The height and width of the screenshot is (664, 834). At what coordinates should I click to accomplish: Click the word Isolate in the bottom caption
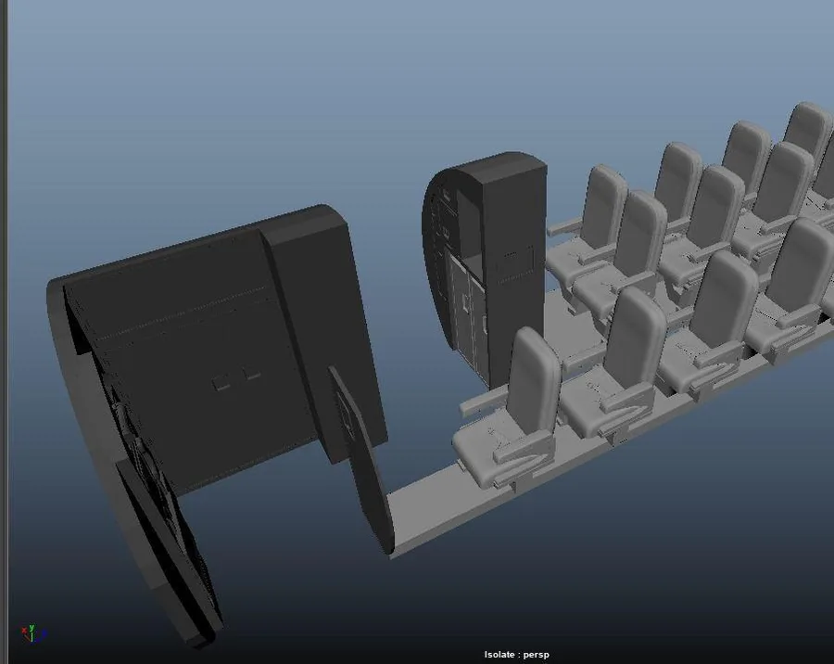(499, 655)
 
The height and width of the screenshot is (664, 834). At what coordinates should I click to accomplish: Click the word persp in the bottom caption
(537, 655)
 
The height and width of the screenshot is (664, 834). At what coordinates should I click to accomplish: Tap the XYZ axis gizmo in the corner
(34, 633)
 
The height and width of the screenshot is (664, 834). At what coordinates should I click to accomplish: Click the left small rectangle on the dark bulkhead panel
(221, 382)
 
